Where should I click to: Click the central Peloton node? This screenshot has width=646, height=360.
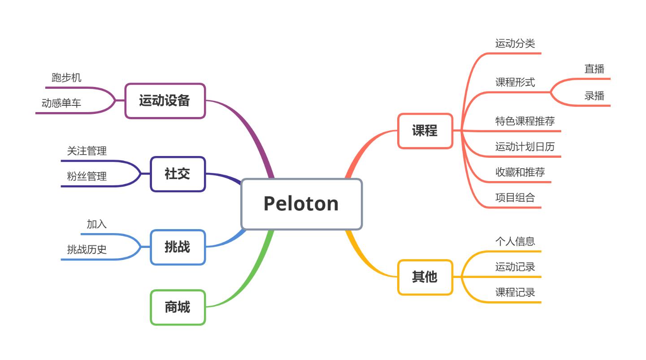[x=301, y=204]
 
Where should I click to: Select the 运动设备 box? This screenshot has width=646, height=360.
[x=165, y=101]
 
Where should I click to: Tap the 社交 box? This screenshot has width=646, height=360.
[x=178, y=174]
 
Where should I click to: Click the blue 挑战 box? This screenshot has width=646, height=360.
[x=178, y=247]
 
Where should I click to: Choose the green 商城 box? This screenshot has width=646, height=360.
[x=178, y=307]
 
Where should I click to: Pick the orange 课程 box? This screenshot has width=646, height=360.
[x=425, y=131]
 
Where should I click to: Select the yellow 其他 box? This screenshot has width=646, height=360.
[x=425, y=277]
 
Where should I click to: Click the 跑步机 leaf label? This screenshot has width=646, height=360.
[x=66, y=78]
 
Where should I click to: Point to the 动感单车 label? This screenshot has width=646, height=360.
[x=61, y=104]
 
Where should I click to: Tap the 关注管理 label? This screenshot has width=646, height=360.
[x=87, y=151]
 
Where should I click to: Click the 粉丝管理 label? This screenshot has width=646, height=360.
[x=87, y=177]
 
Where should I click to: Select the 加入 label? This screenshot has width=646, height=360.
[x=97, y=224]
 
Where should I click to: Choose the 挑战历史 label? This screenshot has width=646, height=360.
[x=87, y=250]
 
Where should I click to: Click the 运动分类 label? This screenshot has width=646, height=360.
[x=515, y=43]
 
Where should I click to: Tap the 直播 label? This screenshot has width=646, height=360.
[x=594, y=69]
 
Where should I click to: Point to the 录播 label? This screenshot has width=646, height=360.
[x=594, y=96]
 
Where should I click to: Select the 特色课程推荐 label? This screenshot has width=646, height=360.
[x=525, y=121]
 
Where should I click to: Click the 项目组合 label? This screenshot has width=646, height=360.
[x=515, y=198]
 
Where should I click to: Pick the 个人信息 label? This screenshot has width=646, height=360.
[x=515, y=241]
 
